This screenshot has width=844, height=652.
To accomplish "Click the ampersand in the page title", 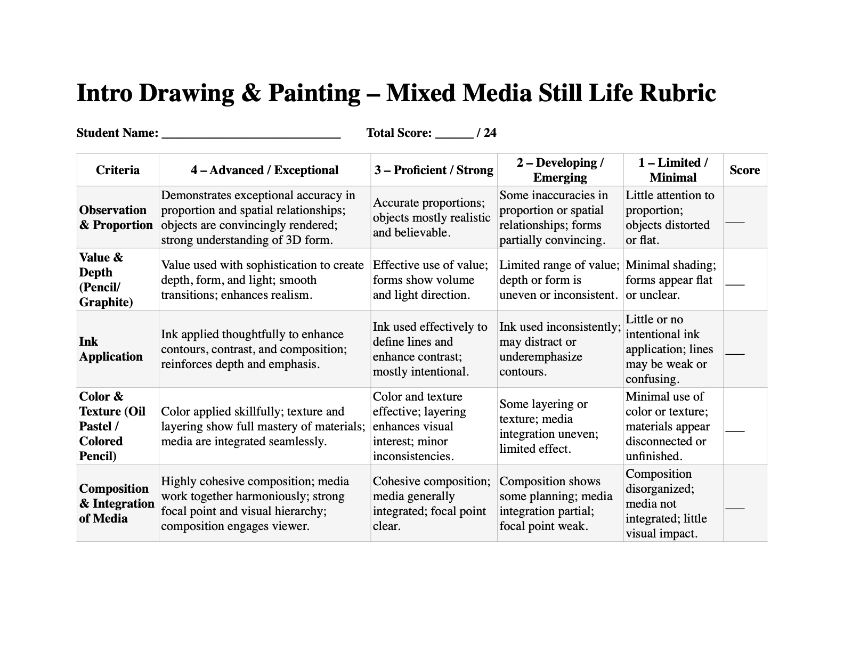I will [251, 93].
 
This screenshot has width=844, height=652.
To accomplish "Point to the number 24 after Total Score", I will [490, 133].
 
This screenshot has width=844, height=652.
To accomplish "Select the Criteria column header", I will [118, 170].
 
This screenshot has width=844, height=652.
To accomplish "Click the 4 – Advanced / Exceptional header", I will [264, 170].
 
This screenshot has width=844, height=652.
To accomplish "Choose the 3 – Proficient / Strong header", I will [434, 170].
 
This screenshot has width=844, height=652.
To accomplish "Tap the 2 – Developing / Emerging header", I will [560, 170].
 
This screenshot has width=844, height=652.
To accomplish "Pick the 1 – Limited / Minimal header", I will [673, 170].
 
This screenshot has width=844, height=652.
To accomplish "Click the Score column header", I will [744, 170].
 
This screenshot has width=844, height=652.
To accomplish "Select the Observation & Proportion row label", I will [116, 217].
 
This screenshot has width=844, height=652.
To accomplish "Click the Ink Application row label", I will [111, 349].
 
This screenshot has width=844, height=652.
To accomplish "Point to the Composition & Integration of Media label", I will [117, 503].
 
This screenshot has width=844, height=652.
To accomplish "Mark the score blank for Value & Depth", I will [735, 284].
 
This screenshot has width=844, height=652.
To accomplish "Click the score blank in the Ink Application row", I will [735, 354].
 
